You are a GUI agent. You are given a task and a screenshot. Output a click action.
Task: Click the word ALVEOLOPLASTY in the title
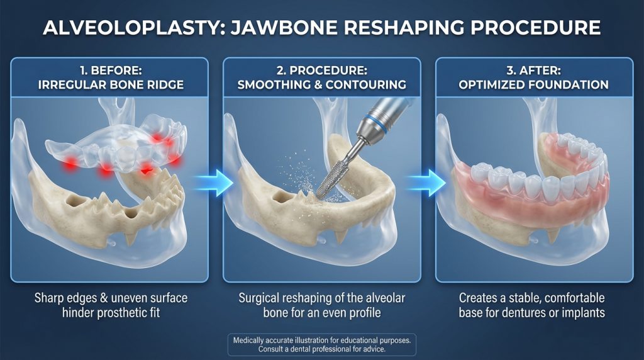(x=134, y=28)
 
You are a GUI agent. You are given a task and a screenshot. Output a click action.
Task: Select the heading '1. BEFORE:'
(x=111, y=70)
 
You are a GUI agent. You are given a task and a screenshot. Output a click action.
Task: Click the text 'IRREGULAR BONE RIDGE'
(x=111, y=85)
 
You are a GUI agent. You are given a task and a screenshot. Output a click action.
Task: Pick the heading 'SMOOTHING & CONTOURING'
(x=321, y=85)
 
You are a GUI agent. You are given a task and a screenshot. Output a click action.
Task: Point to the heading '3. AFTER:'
(x=533, y=70)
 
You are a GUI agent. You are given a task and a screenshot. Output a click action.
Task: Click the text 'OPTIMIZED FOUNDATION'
(x=533, y=85)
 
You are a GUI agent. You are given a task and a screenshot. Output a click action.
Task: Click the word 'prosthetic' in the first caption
(x=118, y=313)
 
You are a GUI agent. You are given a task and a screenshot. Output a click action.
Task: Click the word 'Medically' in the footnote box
(x=249, y=340)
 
